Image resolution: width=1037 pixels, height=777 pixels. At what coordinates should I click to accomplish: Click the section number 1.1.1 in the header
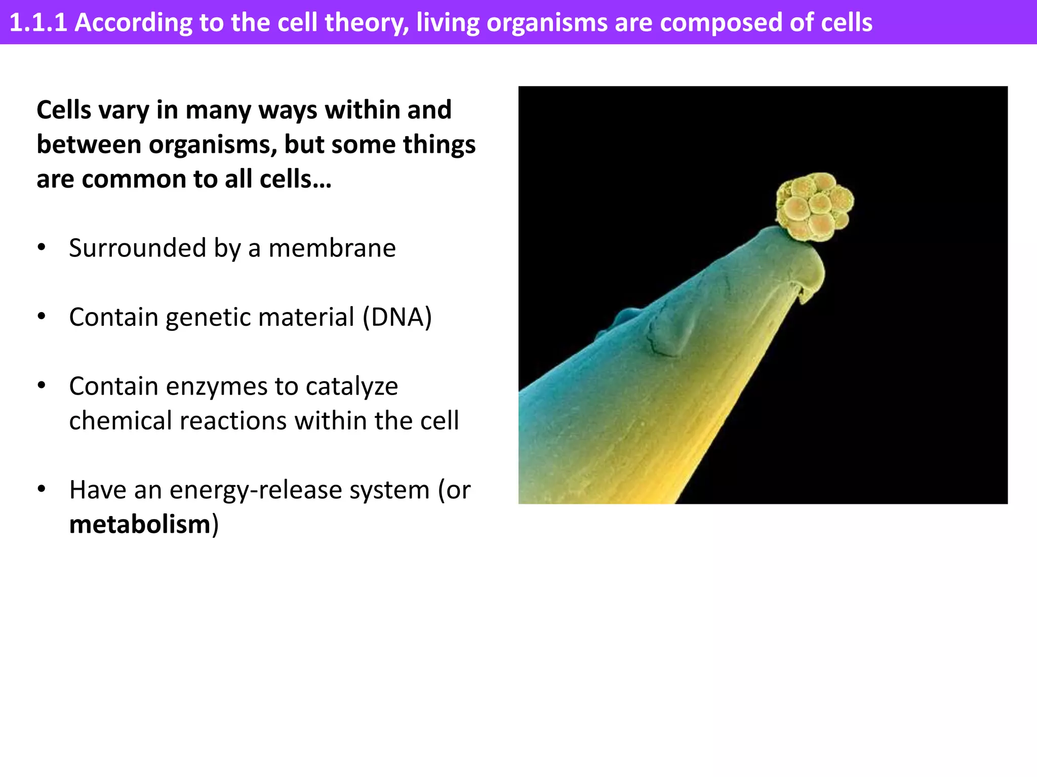(38, 23)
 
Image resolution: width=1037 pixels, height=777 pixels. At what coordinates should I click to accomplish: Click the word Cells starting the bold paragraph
(63, 110)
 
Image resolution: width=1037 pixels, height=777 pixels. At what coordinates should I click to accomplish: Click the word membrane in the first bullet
(332, 248)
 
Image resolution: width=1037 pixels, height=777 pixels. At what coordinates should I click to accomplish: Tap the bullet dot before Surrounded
(42, 248)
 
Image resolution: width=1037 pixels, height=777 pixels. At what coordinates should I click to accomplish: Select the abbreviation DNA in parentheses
(397, 318)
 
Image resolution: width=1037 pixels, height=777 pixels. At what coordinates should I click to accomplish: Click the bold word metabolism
(140, 525)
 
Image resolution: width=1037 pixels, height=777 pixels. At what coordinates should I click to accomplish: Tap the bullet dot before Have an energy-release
(42, 489)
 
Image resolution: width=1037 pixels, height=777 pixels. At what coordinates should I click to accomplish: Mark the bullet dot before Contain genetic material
(42, 317)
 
